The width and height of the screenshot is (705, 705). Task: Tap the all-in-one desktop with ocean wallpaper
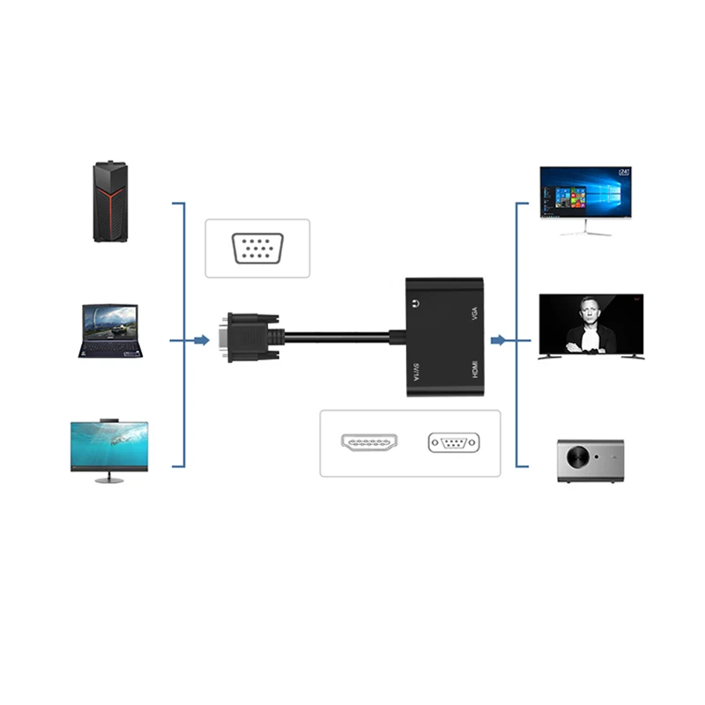coord(109,449)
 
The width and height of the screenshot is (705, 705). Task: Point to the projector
coord(590,459)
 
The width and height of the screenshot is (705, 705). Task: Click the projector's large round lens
coord(576,459)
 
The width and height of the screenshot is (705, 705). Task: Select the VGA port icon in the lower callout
coord(454,442)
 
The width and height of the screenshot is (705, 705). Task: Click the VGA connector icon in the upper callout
coord(257,249)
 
